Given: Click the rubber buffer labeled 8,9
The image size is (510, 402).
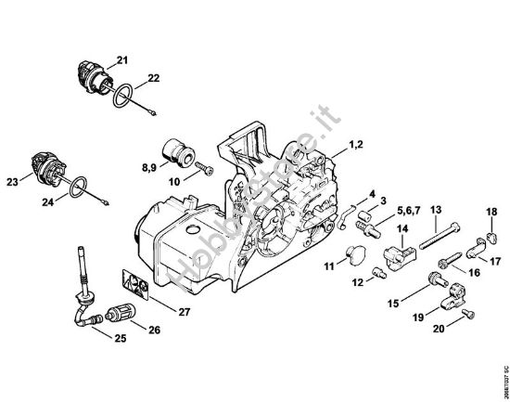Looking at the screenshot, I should tap(178, 151).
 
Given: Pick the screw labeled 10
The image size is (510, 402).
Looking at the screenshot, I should tap(204, 170).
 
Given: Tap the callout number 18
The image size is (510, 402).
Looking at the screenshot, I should tap(491, 213).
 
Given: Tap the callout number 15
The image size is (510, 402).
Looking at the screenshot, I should tap(392, 303).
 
